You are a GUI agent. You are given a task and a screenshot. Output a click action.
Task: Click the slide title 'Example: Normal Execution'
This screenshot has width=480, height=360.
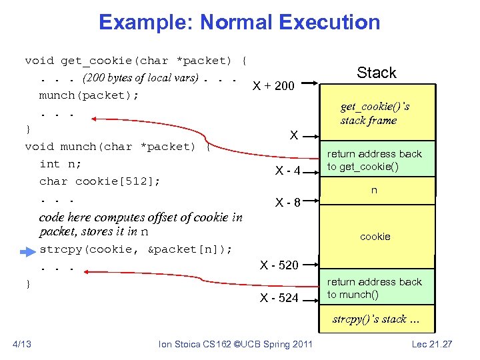239,23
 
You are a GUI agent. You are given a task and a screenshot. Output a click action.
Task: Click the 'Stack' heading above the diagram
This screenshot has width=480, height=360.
376,73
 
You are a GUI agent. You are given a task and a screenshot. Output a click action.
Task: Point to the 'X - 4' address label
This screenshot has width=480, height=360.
289,171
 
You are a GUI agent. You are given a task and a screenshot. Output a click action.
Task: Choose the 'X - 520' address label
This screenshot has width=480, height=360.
279,265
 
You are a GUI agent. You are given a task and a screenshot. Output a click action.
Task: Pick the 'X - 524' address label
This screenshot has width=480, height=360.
279,298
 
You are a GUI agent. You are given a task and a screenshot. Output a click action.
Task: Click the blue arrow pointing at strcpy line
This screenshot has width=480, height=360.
27,252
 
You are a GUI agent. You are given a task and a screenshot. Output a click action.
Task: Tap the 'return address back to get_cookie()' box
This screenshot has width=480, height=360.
375,160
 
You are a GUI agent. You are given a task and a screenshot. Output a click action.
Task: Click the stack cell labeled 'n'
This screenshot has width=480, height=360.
375,191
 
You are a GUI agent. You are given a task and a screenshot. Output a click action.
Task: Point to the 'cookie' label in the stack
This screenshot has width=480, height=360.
375,237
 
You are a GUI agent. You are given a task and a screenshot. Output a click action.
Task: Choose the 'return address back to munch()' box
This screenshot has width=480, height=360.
375,288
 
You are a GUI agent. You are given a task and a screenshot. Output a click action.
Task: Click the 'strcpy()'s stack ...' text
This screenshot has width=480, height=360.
377,319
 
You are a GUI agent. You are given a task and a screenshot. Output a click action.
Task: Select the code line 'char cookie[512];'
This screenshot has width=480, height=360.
99,181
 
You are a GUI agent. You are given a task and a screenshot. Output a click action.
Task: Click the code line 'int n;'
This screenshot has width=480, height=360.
59,164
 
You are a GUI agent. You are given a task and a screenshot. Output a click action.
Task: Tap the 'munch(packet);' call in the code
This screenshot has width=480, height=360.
89,95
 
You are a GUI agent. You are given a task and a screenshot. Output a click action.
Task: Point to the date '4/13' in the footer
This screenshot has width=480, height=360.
22,343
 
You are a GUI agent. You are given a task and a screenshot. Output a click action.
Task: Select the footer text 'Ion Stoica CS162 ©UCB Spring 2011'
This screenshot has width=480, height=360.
235,343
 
